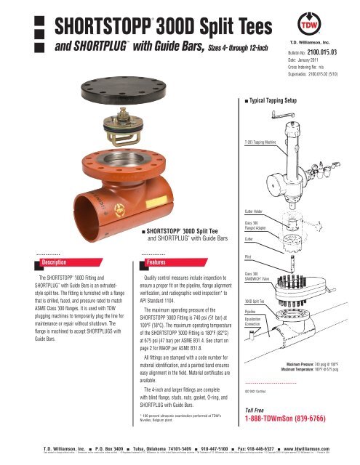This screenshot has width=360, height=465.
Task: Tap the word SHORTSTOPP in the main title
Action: pyautogui.click(x=100, y=25)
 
